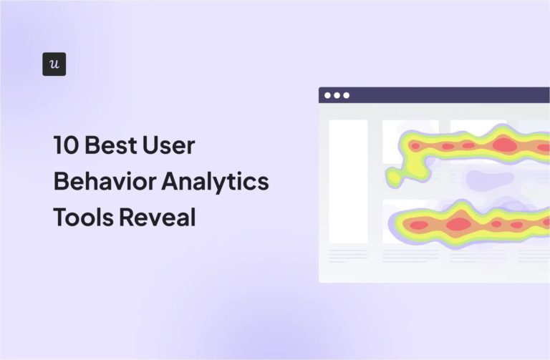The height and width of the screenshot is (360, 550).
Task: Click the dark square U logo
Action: pyautogui.click(x=54, y=64)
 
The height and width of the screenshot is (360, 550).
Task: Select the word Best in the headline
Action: pyautogui.click(x=115, y=146)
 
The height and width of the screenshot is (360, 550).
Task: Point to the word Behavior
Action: pyautogui.click(x=102, y=182)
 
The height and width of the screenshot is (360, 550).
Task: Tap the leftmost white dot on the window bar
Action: pyautogui.click(x=328, y=95)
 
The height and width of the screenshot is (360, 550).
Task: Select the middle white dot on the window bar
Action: pyautogui.click(x=337, y=95)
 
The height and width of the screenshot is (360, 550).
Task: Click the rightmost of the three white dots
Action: pyautogui.click(x=347, y=95)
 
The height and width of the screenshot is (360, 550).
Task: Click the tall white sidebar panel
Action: pyautogui.click(x=348, y=181)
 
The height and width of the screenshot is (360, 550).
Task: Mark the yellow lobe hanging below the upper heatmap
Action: pyautogui.click(x=395, y=175)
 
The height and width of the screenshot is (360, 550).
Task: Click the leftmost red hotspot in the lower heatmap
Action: pyautogui.click(x=418, y=225)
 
